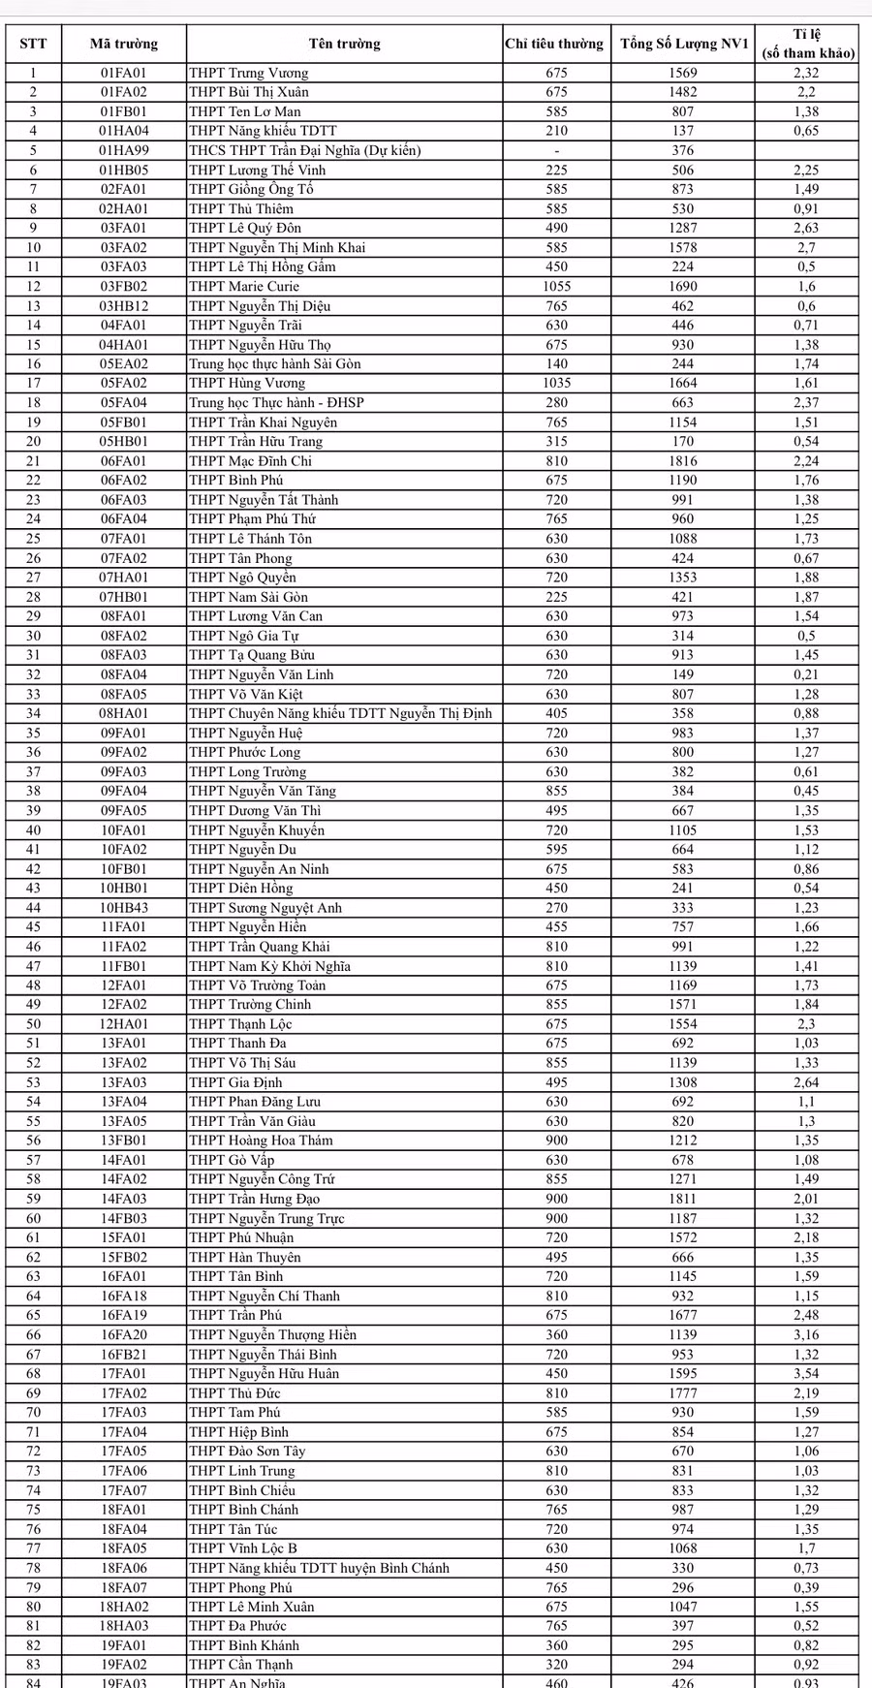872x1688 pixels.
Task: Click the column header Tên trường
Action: click(x=344, y=44)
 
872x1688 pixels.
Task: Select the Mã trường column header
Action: click(x=124, y=44)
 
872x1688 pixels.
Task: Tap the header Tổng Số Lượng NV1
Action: click(x=684, y=44)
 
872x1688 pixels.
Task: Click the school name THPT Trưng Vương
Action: click(x=249, y=73)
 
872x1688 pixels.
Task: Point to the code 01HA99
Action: click(x=124, y=150)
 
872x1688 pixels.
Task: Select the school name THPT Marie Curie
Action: click(x=244, y=286)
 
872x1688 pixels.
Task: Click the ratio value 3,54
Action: click(x=805, y=1373)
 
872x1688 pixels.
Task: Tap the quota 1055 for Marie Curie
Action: click(x=556, y=286)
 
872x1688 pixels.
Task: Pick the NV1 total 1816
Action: click(x=683, y=461)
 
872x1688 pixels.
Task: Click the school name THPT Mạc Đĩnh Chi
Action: click(x=250, y=461)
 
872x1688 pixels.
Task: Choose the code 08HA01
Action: click(x=124, y=713)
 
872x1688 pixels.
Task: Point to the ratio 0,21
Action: click(x=805, y=674)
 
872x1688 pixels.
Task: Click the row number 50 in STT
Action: click(x=34, y=1024)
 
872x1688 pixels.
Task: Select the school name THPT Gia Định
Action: click(x=236, y=1082)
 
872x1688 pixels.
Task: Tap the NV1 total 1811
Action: click(x=683, y=1199)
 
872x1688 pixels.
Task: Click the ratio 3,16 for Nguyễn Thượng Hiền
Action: click(x=805, y=1334)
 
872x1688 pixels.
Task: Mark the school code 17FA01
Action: click(x=124, y=1373)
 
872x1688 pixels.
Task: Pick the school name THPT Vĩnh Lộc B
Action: click(x=243, y=1547)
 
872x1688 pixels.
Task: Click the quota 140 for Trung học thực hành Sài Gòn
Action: click(x=556, y=363)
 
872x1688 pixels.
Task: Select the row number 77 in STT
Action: click(x=34, y=1547)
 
